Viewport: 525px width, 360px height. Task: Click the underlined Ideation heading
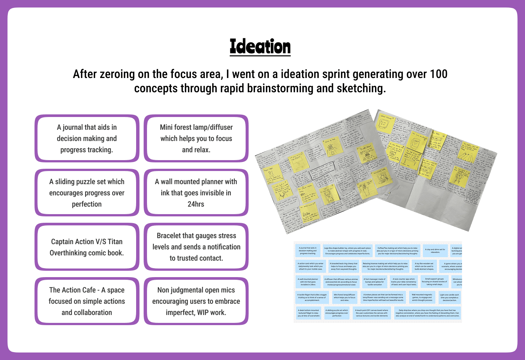click(x=260, y=47)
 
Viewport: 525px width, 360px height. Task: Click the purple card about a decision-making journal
click(x=87, y=138)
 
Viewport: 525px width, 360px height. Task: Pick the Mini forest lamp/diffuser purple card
click(x=196, y=138)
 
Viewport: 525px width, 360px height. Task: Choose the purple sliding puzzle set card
click(x=87, y=193)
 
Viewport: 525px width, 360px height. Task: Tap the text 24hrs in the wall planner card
click(x=196, y=204)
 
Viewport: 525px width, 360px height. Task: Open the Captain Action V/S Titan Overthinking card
click(x=87, y=247)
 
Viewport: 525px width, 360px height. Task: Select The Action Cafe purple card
click(x=87, y=301)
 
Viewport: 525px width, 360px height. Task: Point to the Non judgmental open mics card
click(x=196, y=301)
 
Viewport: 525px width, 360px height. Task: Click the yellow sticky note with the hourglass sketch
click(x=330, y=195)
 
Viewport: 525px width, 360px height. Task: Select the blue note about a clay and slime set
click(x=435, y=250)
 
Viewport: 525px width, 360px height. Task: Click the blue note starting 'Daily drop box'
click(x=427, y=313)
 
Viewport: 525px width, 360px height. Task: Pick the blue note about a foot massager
click(x=375, y=282)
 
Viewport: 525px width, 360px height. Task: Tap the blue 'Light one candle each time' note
click(x=449, y=297)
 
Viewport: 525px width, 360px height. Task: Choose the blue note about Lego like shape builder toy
click(x=348, y=250)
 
